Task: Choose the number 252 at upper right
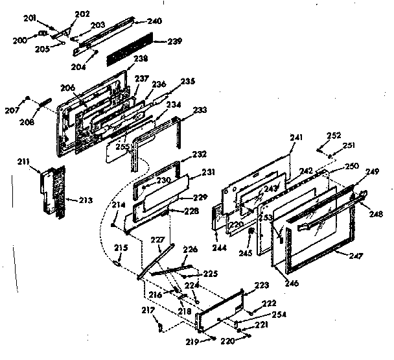click(333, 136)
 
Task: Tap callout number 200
click(20, 40)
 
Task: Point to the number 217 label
click(148, 309)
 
